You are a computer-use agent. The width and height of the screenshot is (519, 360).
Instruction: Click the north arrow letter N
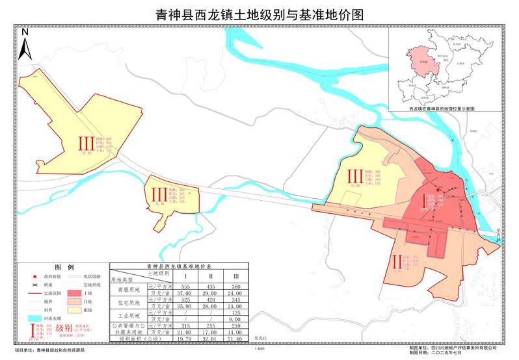tap(25, 31)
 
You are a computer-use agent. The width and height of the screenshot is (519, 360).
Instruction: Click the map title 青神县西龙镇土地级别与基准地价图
tap(259, 14)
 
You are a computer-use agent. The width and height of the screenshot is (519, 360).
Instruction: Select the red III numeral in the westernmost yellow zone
tap(86, 144)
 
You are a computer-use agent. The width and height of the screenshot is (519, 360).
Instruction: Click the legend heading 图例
tap(64, 267)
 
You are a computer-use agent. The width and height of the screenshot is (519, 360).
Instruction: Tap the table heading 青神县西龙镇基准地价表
tap(175, 267)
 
